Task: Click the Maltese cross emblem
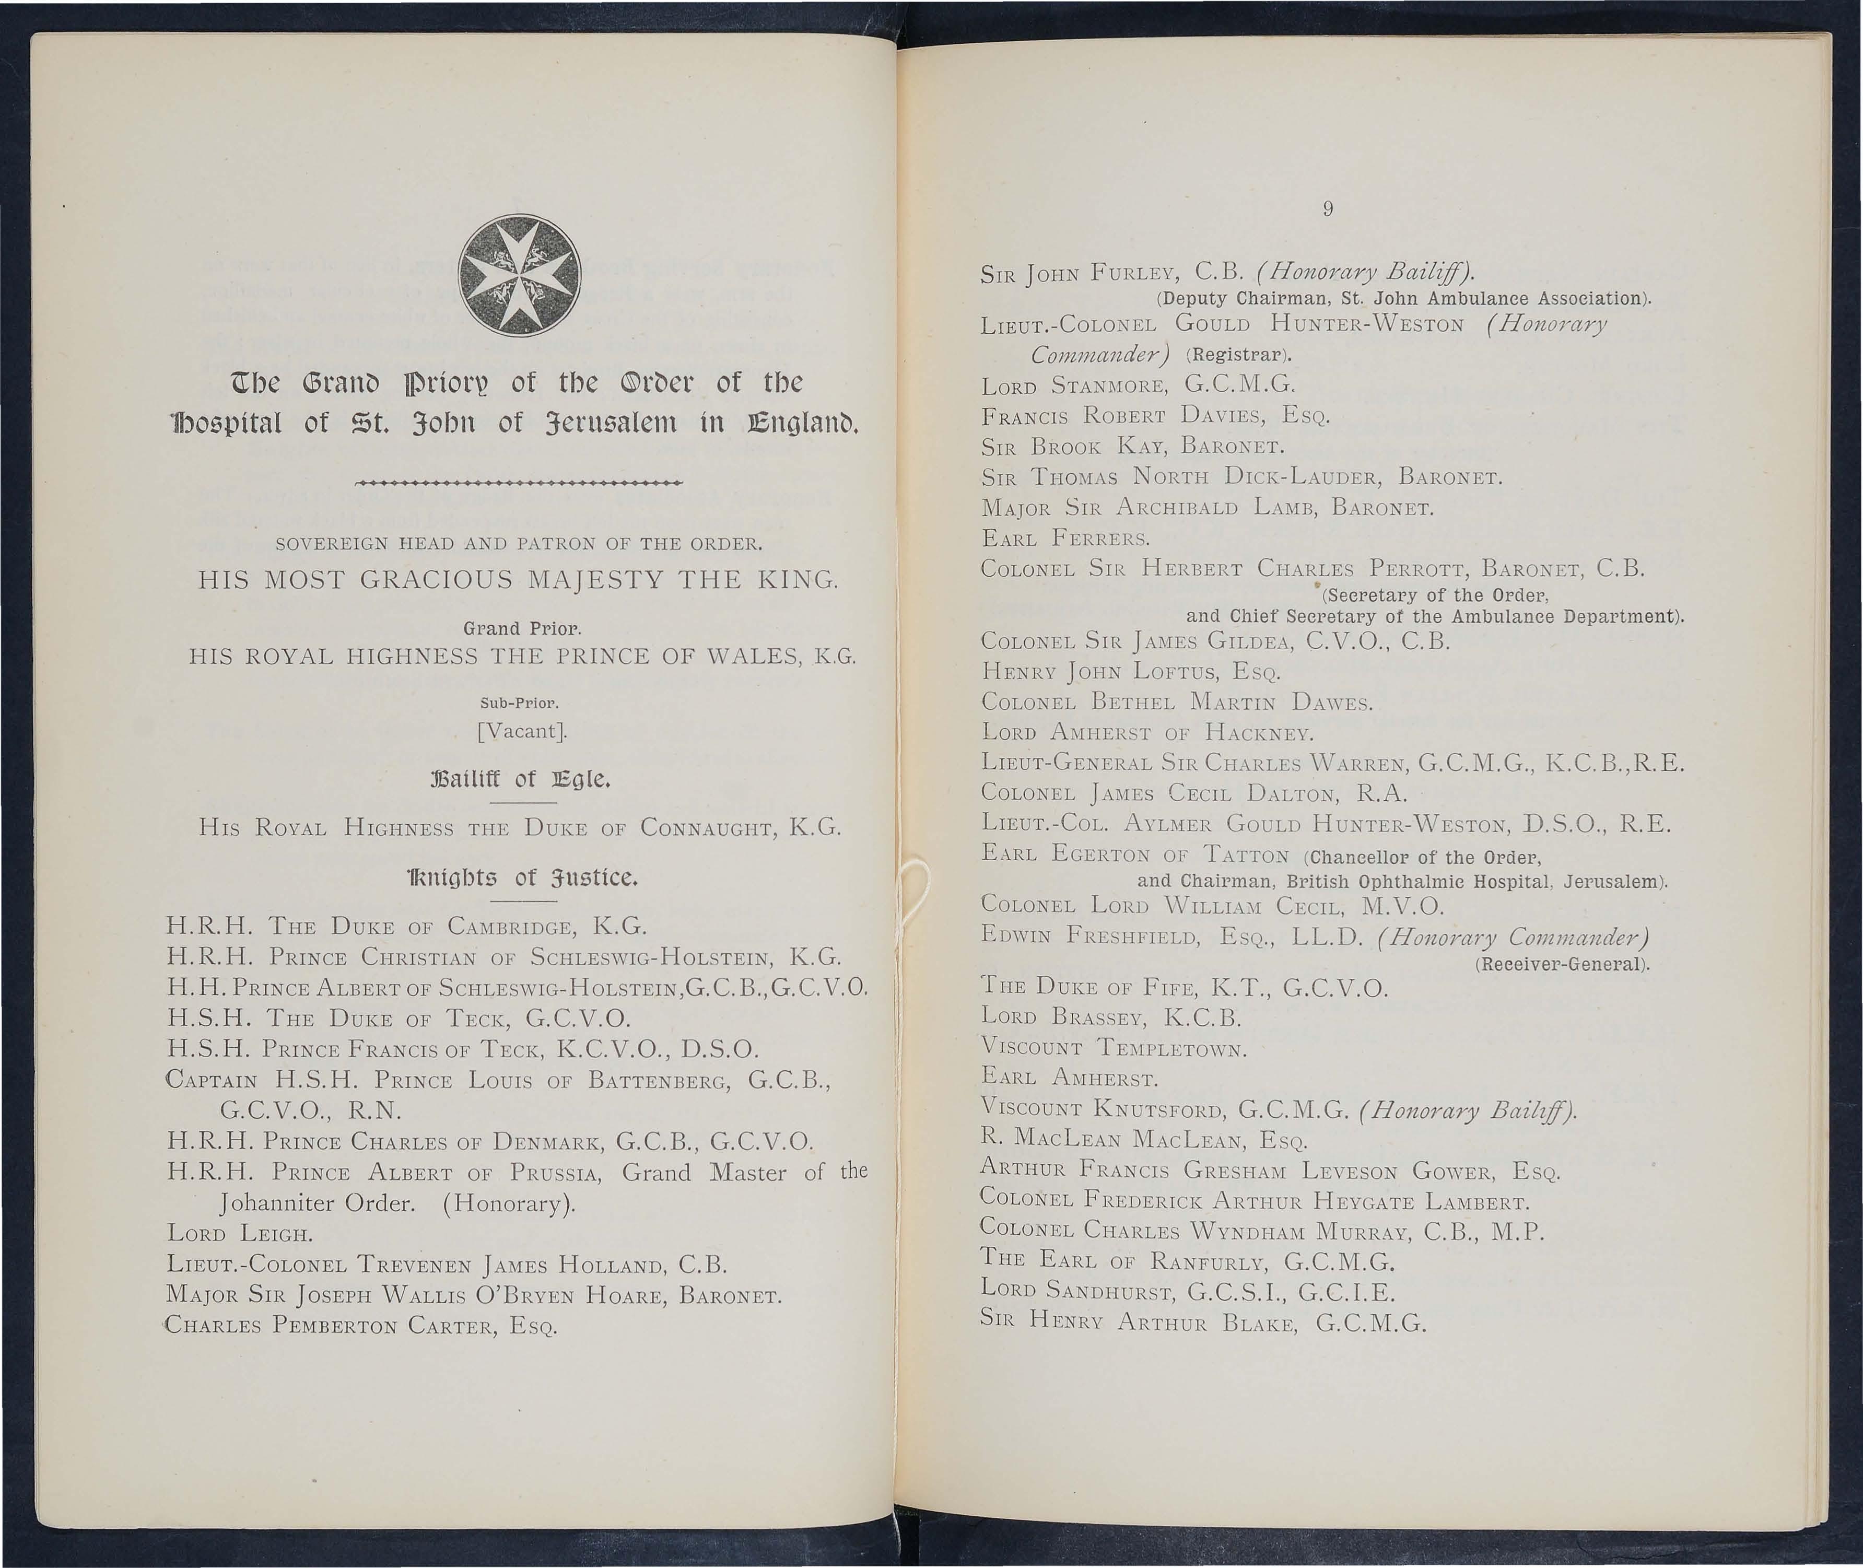click(518, 276)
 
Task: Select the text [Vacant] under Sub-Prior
click(521, 732)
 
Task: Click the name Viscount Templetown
click(1114, 1049)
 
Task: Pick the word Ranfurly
click(1199, 1262)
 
